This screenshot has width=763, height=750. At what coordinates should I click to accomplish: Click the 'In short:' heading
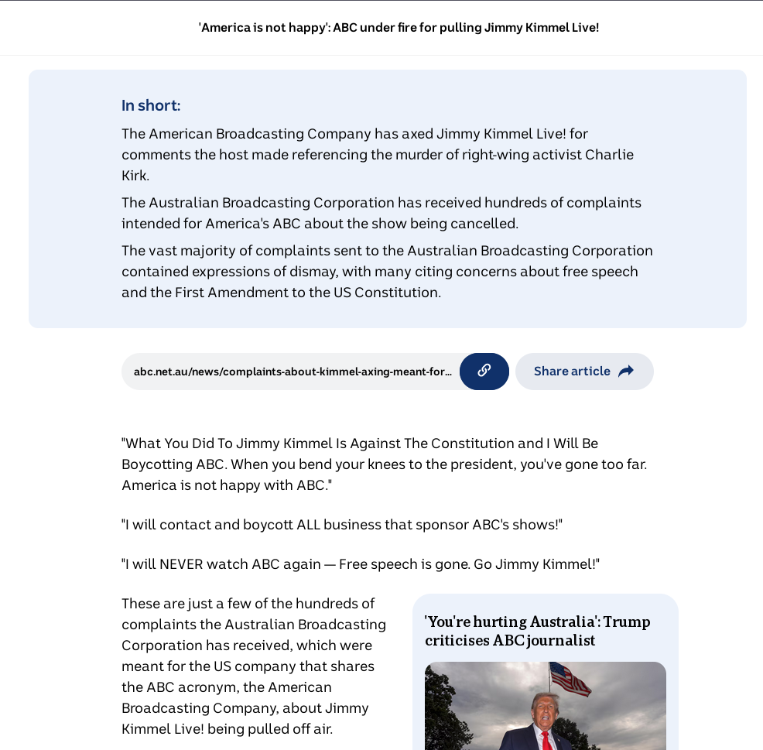151,105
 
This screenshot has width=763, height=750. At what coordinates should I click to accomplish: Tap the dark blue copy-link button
484,371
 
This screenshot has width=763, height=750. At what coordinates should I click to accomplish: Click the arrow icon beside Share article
626,372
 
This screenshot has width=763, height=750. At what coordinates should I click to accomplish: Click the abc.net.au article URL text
293,372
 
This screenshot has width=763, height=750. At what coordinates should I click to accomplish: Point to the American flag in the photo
570,679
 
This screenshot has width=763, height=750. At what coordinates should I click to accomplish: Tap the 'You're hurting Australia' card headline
537,631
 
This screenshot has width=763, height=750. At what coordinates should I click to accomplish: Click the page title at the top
399,28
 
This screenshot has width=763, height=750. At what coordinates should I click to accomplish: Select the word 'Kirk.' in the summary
135,176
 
